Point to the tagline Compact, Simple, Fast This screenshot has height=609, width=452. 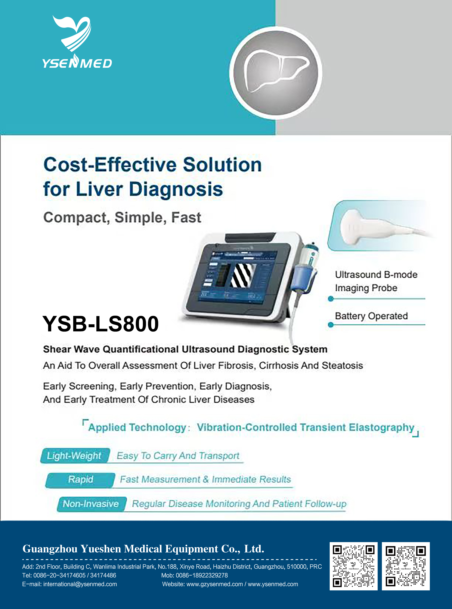coord(122,218)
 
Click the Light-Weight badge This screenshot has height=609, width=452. coord(74,456)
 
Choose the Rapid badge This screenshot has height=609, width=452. coord(80,480)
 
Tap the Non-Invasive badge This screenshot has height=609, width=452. coord(91,504)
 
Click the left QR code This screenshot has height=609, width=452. coord(353,566)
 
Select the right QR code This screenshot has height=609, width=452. coord(406,566)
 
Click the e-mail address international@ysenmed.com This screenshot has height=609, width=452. coord(80,584)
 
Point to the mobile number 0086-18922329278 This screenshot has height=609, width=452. coord(202,575)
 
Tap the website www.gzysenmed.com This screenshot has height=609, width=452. coord(215,584)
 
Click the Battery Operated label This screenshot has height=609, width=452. coord(371,316)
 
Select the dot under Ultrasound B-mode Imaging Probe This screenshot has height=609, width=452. coord(331,299)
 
